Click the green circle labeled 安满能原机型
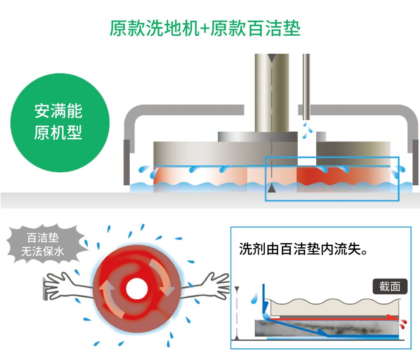click(59, 122)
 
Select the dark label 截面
click(390, 286)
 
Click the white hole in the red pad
click(137, 289)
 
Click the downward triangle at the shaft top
click(271, 59)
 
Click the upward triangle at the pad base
click(271, 189)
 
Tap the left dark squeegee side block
click(127, 162)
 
